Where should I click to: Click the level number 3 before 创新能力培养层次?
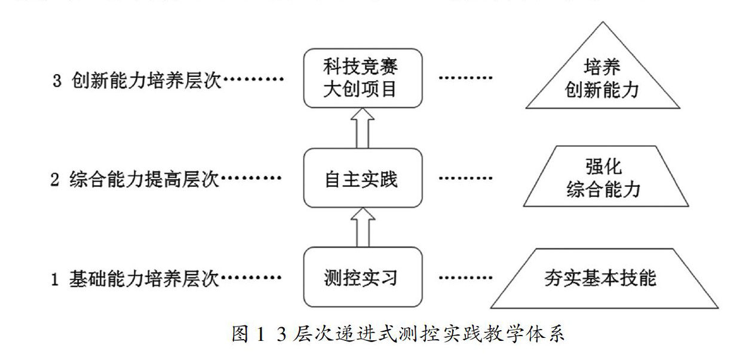pos(57,81)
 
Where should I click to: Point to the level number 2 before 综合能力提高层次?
pos(55,180)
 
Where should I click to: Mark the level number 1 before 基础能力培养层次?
pos(55,279)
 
